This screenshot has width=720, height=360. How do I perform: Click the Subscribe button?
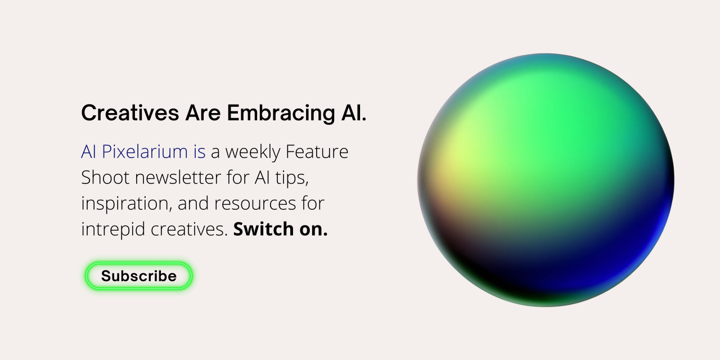[138, 276]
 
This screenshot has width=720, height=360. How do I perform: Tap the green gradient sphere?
[546, 180]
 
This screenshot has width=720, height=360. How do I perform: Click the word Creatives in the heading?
[130, 113]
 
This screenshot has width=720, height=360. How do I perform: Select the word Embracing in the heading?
[281, 114]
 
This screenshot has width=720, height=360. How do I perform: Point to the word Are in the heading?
[203, 113]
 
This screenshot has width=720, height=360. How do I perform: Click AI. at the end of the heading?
[354, 113]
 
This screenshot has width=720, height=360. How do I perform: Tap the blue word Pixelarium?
[145, 151]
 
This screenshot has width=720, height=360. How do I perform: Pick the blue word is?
[199, 151]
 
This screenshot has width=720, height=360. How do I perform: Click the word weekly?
[253, 152]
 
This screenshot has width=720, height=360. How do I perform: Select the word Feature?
[317, 151]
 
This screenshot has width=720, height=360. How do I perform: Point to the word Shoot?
[105, 177]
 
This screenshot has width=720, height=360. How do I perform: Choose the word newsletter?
[178, 177]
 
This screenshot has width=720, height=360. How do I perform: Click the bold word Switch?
[263, 229]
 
